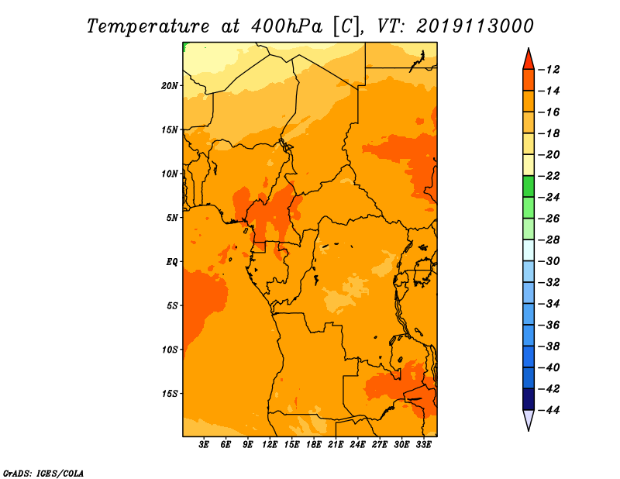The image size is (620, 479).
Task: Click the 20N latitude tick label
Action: pyautogui.click(x=170, y=86)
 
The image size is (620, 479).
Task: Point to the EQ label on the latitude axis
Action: pyautogui.click(x=172, y=262)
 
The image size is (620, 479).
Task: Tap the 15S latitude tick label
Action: pyautogui.click(x=170, y=394)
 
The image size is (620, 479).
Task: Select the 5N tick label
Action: pyautogui.click(x=172, y=218)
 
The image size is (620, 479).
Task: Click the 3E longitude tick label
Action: pyautogui.click(x=204, y=445)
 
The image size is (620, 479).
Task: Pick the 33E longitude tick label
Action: pyautogui.click(x=423, y=445)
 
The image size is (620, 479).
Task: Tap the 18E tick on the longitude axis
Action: pyautogui.click(x=314, y=445)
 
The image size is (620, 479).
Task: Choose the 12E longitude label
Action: pyautogui.click(x=270, y=445)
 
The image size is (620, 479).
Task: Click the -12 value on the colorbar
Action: pyautogui.click(x=549, y=70)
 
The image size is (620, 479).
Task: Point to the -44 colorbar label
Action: pyautogui.click(x=549, y=410)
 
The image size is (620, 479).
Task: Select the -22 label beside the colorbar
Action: pyautogui.click(x=549, y=176)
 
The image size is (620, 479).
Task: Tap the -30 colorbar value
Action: pyautogui.click(x=549, y=261)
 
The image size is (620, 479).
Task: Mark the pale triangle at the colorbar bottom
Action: pyautogui.click(x=529, y=419)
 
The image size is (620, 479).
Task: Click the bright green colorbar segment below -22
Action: pyautogui.click(x=529, y=187)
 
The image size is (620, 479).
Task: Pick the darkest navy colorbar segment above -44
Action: pyautogui.click(x=529, y=399)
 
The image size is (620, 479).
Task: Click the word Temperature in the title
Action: pyautogui.click(x=148, y=26)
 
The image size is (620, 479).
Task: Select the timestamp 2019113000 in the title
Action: pyautogui.click(x=475, y=26)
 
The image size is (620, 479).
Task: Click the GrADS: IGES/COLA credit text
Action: pyautogui.click(x=43, y=473)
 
